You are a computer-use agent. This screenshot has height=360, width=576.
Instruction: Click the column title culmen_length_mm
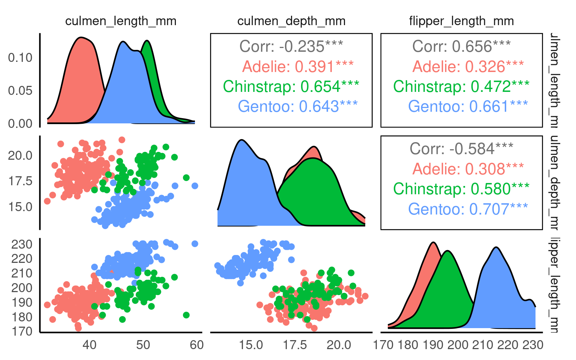point(121,21)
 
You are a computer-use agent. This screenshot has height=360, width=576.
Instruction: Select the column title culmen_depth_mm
point(291,21)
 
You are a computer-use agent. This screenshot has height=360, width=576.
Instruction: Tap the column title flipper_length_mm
point(461,21)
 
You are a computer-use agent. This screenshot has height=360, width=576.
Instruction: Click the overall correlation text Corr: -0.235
point(291,46)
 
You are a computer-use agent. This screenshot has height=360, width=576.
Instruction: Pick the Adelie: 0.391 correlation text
point(298,67)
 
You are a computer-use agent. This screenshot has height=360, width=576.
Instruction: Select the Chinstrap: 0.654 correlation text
point(291,87)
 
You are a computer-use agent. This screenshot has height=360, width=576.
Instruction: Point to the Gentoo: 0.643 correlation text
point(298,106)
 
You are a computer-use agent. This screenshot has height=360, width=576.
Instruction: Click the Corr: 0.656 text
point(461,46)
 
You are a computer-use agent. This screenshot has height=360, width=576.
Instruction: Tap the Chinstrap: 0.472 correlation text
point(461,87)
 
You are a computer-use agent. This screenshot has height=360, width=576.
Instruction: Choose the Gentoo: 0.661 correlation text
point(468,106)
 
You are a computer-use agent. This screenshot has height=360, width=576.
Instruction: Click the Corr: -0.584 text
point(461,149)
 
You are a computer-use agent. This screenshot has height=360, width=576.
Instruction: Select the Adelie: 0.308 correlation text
point(468,169)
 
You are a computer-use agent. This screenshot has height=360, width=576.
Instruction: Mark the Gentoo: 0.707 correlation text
point(468,209)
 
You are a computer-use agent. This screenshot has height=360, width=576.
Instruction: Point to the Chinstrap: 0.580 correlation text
point(461,189)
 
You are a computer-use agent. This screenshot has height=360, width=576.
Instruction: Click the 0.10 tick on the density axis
point(20,58)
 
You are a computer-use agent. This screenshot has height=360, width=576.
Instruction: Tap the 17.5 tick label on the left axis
point(20,181)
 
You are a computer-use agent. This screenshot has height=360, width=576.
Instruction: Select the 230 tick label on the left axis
point(22,244)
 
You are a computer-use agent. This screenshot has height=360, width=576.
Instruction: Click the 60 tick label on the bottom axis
point(197,345)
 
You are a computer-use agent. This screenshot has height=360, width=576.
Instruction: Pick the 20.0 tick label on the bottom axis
point(339,345)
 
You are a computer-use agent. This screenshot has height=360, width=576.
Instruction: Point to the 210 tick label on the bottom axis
point(483,345)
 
